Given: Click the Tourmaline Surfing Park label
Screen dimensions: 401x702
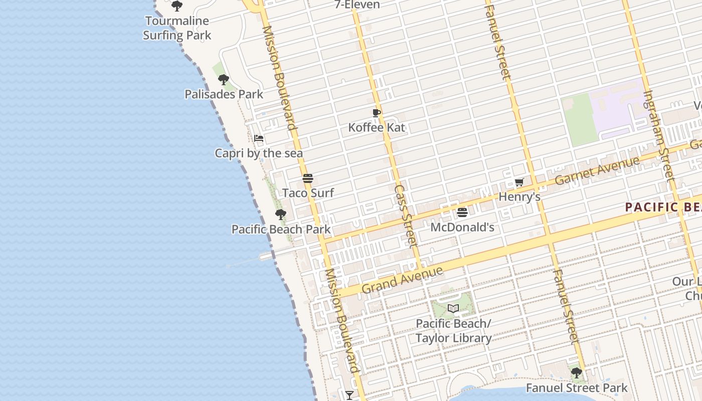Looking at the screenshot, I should point(177,28).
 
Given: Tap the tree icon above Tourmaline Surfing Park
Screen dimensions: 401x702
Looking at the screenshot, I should point(177,6).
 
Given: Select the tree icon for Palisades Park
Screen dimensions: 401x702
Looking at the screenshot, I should point(224,79).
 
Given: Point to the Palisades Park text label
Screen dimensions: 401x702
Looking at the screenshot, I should point(224,94).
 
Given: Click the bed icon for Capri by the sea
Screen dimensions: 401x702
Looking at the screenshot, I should point(259,138).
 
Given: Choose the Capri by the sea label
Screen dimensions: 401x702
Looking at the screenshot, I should point(259,153).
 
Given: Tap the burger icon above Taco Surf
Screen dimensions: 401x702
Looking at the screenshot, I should point(308,178).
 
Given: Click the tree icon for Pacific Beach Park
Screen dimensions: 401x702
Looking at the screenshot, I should point(281,215).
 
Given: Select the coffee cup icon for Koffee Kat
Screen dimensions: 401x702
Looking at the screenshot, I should point(377,113).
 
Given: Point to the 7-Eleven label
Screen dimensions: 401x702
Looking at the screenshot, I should point(358,5).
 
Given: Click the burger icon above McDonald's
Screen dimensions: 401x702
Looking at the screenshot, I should point(462,213).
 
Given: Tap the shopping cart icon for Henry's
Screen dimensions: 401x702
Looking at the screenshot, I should point(519,182).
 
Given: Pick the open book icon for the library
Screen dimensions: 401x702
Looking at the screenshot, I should point(453,308).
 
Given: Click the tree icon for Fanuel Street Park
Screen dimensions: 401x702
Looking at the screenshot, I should point(577,373).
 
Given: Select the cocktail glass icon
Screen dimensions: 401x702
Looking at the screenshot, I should point(349,395).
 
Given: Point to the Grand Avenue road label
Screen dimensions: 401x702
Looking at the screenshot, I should point(403,280).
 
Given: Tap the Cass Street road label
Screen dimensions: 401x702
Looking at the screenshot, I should point(406,217).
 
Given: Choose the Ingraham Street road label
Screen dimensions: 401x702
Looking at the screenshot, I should point(658,134).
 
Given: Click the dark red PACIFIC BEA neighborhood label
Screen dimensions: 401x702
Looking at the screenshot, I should point(663,207).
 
